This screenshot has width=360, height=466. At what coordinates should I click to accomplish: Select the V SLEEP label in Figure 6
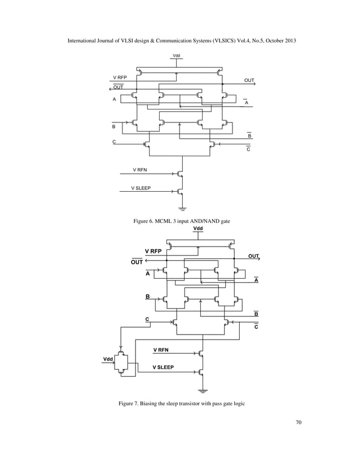point(141,187)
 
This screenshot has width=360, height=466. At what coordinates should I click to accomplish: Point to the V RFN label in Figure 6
point(140,169)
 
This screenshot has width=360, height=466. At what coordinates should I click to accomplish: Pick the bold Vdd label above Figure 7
point(198,228)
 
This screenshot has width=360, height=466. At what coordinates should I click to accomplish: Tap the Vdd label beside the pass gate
point(107,359)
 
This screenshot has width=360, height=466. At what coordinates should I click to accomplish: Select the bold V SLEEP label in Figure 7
point(163,367)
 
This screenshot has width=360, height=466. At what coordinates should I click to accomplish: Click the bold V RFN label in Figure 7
point(161,350)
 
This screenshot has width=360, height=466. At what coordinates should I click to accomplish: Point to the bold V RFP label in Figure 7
point(153,251)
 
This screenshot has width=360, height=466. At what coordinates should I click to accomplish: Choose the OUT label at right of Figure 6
point(249,81)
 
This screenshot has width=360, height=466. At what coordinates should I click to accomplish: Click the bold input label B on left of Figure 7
point(148,296)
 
